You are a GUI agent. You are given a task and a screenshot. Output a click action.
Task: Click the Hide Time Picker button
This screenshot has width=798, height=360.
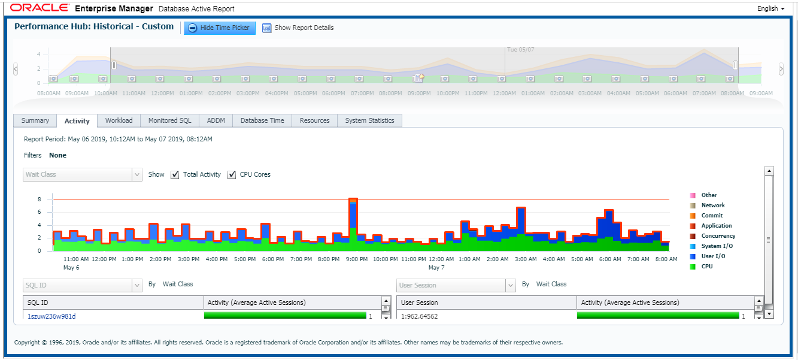coord(220,28)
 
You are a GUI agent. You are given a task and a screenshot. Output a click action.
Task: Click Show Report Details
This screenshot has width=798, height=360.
coord(298,28)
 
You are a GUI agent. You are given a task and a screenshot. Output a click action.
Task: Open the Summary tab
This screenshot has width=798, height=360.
coord(35,121)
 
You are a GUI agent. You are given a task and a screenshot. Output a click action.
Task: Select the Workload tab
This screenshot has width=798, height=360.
coord(119,121)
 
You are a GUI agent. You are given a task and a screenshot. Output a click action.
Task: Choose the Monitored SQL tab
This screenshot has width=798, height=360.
coord(169,121)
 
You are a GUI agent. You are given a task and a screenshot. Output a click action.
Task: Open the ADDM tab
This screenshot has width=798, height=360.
coord(216,121)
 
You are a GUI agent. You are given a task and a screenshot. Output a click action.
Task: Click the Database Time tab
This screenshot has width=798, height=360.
coord(262,121)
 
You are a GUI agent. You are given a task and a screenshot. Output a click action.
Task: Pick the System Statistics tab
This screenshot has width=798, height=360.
coord(369,121)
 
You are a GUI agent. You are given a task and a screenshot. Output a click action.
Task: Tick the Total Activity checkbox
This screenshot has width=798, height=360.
coord(175,175)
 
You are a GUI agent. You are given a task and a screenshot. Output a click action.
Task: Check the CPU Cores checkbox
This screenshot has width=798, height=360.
coord(232,175)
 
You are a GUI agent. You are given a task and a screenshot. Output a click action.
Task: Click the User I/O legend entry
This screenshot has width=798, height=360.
coord(714,256)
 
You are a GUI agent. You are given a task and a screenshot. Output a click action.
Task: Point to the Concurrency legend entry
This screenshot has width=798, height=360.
coord(718,236)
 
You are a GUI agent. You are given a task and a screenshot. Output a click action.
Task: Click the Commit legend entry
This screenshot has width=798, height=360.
coord(712,216)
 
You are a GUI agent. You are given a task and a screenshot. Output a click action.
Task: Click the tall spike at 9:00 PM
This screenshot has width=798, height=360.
coord(353,219)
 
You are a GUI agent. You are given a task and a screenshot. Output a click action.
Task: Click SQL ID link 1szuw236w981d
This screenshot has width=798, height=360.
coord(51,316)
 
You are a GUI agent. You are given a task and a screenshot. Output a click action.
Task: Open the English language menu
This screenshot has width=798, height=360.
coord(771,9)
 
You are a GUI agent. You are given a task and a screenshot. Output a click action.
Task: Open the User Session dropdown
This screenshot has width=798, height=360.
coord(456,286)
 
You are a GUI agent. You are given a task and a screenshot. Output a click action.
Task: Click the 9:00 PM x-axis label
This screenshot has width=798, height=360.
coord(357,259)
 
